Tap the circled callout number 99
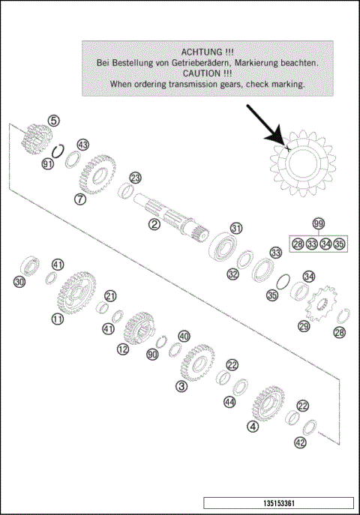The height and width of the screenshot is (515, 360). coord(319,225)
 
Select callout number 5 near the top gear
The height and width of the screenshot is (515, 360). coord(53,120)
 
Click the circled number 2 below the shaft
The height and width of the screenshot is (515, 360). coord(154,223)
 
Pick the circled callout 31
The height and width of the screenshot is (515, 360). coord(236,228)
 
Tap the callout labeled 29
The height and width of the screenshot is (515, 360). coord(304,325)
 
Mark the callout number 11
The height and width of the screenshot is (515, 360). coord(57,319)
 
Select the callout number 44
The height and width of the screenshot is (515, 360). coord(229,403)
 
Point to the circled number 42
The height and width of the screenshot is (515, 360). coord(300,442)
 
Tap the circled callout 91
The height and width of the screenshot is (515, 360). coord(48,163)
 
